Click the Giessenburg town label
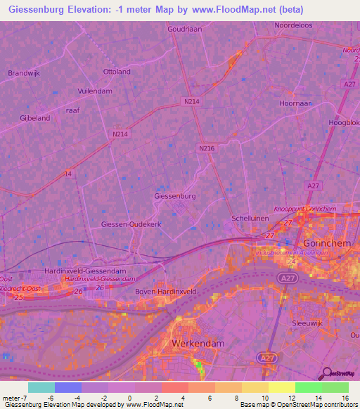[x=174, y=196]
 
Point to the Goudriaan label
[x=185, y=29]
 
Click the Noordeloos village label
[x=294, y=25]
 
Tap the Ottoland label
[x=117, y=72]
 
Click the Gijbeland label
[x=35, y=118]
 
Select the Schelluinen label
[x=250, y=219]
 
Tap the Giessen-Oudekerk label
[x=131, y=224]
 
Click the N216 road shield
[x=206, y=148]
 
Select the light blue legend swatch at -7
[x=41, y=387]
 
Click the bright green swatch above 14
[x=309, y=387]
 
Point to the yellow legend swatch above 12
[x=282, y=387]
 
